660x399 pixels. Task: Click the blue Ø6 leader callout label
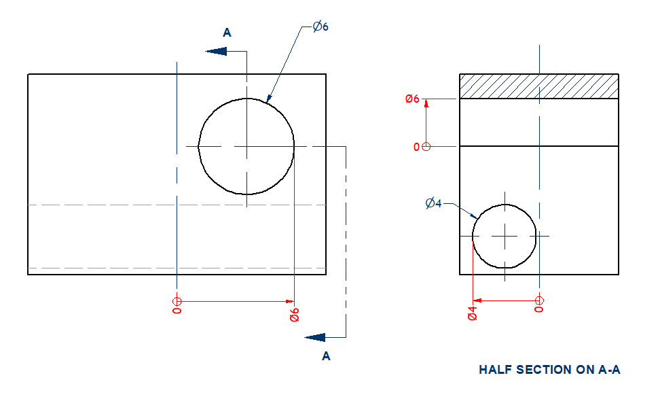(320, 27)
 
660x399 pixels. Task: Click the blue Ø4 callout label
(433, 203)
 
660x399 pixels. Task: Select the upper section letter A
(227, 33)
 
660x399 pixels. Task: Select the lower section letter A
(326, 355)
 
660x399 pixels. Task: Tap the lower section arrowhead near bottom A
(315, 336)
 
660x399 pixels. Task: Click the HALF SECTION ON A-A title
(549, 370)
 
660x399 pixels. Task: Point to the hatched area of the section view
(538, 86)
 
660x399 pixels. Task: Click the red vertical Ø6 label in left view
(294, 315)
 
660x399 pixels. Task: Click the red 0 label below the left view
(177, 313)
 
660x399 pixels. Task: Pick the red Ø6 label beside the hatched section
(412, 99)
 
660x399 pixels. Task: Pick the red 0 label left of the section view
(416, 147)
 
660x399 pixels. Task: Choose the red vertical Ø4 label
(473, 313)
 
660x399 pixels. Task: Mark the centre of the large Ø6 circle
(246, 146)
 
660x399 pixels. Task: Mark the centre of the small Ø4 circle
(505, 236)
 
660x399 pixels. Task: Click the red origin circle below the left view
(177, 301)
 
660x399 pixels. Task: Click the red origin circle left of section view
(426, 146)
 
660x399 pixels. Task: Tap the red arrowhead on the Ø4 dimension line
(477, 300)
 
